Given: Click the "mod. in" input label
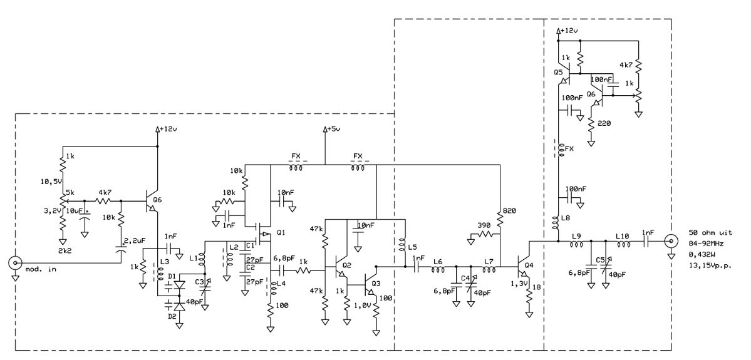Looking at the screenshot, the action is click(x=41, y=269).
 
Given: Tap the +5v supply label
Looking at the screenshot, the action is click(x=333, y=129).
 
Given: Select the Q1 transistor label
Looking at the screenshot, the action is click(x=281, y=233).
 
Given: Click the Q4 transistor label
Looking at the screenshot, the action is click(x=528, y=265).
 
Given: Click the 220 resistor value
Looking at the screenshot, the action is click(x=604, y=123).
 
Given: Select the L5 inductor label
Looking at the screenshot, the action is click(x=412, y=247).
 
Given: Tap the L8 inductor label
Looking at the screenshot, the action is click(x=565, y=219).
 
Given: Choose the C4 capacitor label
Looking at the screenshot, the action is click(x=465, y=278).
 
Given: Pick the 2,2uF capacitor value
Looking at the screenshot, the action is click(x=135, y=241).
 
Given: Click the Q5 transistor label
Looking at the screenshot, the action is click(x=559, y=72).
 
